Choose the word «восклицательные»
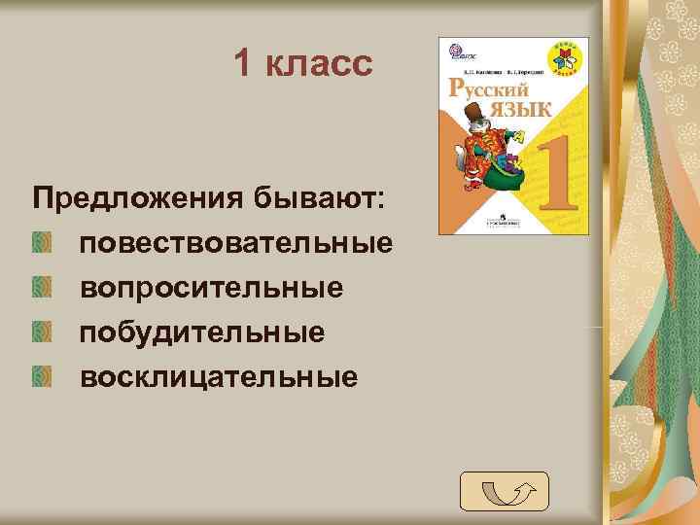pos(219,375)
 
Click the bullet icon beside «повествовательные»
pos(40,243)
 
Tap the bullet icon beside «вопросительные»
pos(40,288)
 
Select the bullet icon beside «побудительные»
pos(40,332)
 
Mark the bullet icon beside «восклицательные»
pos(40,375)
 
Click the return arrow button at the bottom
pos(505,491)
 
